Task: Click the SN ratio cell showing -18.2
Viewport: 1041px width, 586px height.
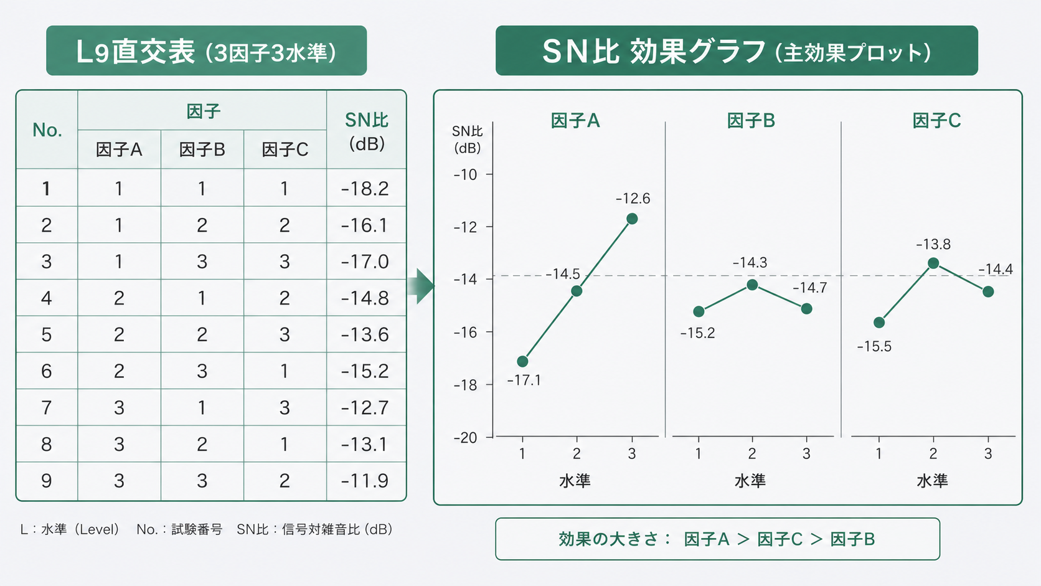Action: [x=365, y=189]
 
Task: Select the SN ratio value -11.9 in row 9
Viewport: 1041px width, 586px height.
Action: [x=365, y=481]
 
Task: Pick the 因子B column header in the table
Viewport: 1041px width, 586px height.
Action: [x=202, y=149]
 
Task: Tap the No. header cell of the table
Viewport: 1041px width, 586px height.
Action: [x=47, y=130]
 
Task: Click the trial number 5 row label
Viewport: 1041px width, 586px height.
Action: [x=47, y=335]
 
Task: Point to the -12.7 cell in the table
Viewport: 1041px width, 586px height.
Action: [x=365, y=408]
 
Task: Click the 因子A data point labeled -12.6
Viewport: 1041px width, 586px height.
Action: [x=632, y=219]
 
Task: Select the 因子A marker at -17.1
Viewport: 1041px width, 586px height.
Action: [x=522, y=361]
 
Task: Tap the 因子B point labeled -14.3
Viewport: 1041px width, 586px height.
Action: [x=752, y=285]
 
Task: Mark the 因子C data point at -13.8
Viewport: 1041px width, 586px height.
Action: [x=933, y=263]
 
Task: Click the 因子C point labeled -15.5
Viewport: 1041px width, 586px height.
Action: [x=879, y=323]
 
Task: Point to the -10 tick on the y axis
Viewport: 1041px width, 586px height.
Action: [x=466, y=174]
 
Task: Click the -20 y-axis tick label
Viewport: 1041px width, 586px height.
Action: [x=466, y=438]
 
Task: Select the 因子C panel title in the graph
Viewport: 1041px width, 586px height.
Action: [x=936, y=121]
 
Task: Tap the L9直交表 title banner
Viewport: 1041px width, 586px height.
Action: [x=206, y=51]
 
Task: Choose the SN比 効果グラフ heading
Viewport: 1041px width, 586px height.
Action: [x=737, y=51]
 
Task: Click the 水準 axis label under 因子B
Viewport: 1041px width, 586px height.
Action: [x=750, y=481]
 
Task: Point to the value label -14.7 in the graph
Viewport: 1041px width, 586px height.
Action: [x=809, y=288]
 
